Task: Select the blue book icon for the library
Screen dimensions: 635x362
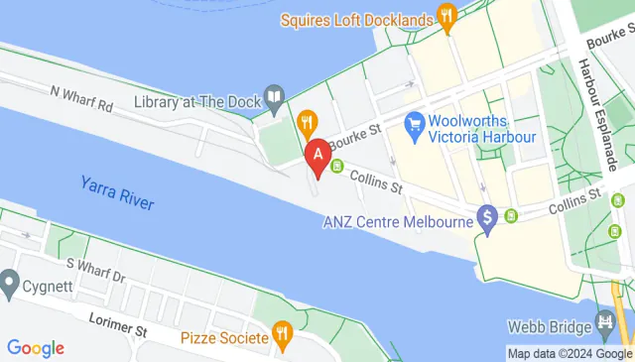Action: click(276, 96)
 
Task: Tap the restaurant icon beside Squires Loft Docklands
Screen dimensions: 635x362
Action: click(447, 18)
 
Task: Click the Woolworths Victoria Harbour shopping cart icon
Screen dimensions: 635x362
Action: click(414, 125)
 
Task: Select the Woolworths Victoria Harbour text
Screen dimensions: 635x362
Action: click(482, 126)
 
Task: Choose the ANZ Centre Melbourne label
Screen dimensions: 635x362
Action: click(398, 221)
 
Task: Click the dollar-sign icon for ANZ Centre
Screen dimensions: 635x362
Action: click(487, 216)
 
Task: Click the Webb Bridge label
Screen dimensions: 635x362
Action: click(550, 325)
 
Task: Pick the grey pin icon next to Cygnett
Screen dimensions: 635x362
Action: click(10, 284)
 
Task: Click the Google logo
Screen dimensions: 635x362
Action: click(35, 348)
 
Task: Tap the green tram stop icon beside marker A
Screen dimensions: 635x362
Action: click(337, 166)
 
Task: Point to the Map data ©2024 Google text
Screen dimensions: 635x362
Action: click(569, 353)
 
